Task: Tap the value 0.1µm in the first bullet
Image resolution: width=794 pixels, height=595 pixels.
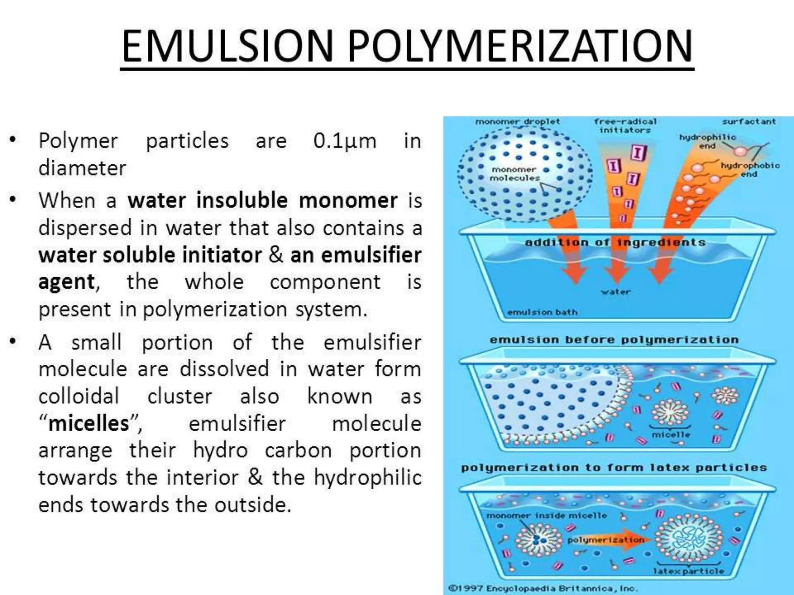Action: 345,141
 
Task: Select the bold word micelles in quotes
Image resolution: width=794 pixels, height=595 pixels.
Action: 88,423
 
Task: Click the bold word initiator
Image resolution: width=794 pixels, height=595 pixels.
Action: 222,255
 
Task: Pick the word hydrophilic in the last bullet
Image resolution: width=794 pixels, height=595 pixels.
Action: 367,477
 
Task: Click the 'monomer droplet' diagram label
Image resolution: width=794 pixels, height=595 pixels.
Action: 518,122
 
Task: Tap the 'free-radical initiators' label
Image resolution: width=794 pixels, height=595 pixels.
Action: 625,126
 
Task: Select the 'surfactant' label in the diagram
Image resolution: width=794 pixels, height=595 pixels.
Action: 749,122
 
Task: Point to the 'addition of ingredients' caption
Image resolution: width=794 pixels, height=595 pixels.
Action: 615,242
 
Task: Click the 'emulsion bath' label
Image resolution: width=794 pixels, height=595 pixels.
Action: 542,312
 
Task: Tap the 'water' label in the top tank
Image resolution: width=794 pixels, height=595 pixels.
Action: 616,292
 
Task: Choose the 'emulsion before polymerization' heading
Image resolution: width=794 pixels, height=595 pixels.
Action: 614,340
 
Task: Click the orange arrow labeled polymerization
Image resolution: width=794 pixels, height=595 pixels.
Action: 607,540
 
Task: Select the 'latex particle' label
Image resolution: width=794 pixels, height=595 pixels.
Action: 688,571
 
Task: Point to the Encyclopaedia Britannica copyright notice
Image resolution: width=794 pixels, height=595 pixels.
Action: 543,588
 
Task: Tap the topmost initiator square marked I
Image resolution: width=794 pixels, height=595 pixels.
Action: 638,153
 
